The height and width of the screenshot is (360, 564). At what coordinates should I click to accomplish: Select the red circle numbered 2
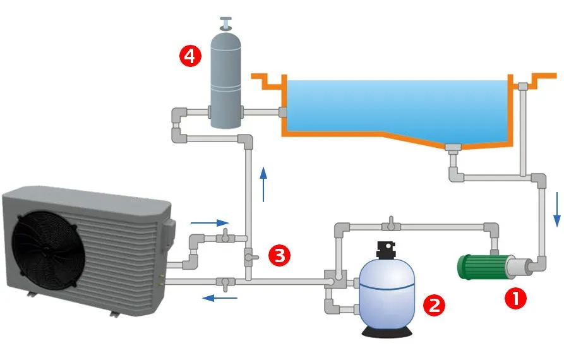pos(433,305)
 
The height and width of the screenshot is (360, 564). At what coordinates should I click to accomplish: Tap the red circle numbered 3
pos(279,255)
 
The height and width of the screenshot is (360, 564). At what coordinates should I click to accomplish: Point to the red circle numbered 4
pos(190,56)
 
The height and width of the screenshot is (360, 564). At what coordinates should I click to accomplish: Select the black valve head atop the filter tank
pos(386,250)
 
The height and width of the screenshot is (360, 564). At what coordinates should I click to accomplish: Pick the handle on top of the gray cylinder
pos(224,23)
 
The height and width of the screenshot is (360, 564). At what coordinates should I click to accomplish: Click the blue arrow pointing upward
pos(263,183)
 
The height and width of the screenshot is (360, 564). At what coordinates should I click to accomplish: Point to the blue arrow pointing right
pos(210,222)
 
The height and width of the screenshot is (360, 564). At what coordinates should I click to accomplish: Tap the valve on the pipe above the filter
pos(392,224)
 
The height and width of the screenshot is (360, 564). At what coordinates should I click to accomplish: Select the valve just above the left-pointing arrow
pos(224,280)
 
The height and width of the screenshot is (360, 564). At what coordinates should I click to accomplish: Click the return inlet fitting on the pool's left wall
pos(282,112)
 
